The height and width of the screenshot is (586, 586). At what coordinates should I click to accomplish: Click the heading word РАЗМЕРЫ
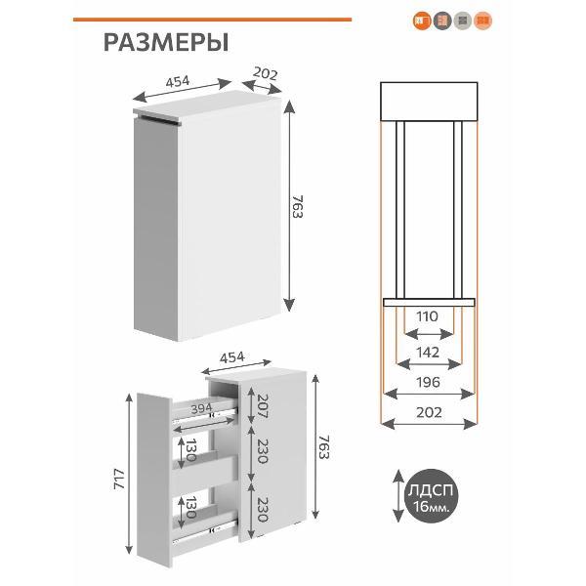(165, 43)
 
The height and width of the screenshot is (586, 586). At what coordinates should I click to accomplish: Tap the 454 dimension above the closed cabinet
(178, 82)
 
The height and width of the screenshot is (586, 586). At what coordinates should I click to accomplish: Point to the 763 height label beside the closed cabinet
(297, 209)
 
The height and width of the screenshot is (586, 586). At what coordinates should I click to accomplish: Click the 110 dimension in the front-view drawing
(428, 317)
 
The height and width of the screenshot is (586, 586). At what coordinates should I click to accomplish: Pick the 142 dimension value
(428, 352)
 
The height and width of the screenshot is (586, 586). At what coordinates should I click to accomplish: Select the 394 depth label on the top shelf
(201, 408)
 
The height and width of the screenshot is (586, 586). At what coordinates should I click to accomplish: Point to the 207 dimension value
(262, 403)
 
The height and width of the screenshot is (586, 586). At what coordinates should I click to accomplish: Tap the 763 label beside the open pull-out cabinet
(324, 445)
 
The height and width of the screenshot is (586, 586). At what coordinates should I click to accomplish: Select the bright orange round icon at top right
(422, 20)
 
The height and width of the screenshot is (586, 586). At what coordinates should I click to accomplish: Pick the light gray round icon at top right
(463, 20)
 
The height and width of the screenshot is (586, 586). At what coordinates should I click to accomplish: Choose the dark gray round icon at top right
(442, 20)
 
